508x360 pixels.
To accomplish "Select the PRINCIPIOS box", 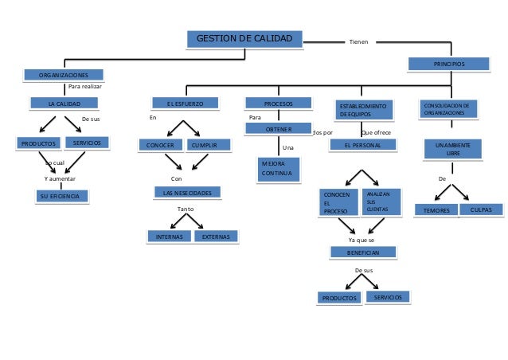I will [x=448, y=63].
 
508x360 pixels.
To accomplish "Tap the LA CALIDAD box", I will [x=64, y=103].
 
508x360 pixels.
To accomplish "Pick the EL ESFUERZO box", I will [x=185, y=104].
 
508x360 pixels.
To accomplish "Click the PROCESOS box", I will [x=278, y=104].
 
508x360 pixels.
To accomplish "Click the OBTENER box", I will [x=278, y=129].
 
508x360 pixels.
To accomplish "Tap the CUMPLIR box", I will [x=209, y=145].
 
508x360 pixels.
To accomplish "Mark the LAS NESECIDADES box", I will [x=187, y=193].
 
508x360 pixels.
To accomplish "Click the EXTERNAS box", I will [x=217, y=237].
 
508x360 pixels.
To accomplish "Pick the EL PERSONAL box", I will [x=362, y=146].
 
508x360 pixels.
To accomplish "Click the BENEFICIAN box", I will [x=363, y=252].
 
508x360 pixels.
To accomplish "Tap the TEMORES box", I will [x=436, y=210].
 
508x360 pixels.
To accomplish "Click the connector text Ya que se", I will [x=362, y=239].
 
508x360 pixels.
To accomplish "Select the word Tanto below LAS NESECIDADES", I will [x=185, y=209].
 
